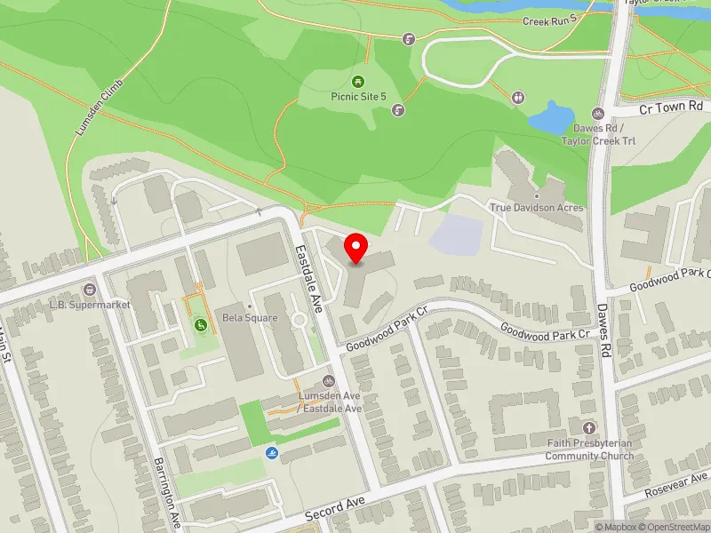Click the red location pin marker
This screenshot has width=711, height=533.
coord(356,248)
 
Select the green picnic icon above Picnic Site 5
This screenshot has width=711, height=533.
coord(358,81)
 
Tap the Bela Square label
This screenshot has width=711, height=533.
coord(250,318)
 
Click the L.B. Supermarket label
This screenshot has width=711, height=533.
coord(91,304)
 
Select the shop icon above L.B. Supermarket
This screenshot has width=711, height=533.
coord(90,290)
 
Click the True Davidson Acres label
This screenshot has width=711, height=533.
coord(537,207)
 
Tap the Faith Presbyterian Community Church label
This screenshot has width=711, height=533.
coord(589,450)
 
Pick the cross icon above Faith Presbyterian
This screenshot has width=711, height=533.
coord(587,428)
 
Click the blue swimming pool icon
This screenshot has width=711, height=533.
coord(270,455)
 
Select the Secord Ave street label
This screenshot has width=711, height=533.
coord(335,509)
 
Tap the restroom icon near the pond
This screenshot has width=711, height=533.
coord(517,97)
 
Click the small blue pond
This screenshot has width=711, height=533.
coord(551,118)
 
